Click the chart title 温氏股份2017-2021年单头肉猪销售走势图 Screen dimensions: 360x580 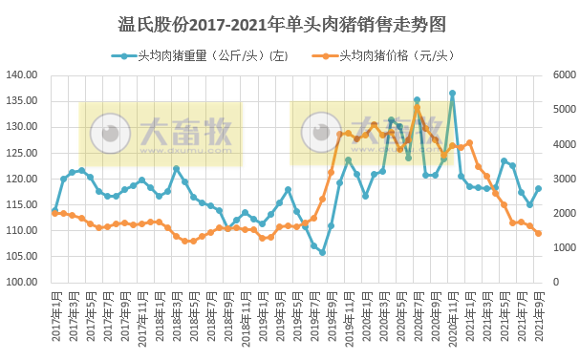[x=290, y=22]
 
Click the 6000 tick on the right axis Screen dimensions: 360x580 [x=564, y=74]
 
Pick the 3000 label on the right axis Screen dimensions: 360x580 [x=564, y=179]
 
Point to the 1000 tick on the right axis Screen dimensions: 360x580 [x=564, y=248]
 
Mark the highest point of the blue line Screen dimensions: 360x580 [x=452, y=94]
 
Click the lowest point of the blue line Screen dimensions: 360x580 [x=322, y=253]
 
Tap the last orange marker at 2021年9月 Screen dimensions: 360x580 [x=539, y=233]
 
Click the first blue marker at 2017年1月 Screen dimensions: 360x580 [x=55, y=210]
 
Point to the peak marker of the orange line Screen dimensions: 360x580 [x=418, y=107]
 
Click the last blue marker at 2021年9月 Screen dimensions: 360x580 [x=539, y=188]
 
